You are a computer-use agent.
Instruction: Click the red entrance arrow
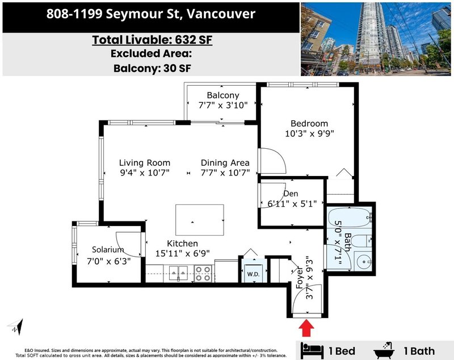click(306, 328)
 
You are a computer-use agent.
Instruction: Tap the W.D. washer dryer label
click(253, 274)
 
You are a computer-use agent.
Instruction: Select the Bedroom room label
click(309, 123)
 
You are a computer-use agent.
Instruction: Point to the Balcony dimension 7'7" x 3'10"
click(223, 105)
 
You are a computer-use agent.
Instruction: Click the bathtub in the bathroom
click(349, 217)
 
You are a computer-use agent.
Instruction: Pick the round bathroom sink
click(363, 262)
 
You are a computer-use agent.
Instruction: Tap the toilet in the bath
click(361, 240)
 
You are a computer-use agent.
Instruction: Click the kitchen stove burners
click(203, 273)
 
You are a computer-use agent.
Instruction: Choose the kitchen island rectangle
click(200, 220)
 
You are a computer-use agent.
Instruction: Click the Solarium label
click(108, 249)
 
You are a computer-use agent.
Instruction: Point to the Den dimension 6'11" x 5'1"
click(292, 204)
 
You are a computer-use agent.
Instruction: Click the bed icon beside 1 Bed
click(312, 350)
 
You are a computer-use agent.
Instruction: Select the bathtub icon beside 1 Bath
click(384, 350)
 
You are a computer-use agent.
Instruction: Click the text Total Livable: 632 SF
click(152, 40)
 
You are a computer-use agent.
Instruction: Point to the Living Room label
click(145, 162)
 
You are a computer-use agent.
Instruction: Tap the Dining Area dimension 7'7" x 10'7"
click(225, 173)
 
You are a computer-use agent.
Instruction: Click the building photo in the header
click(376, 39)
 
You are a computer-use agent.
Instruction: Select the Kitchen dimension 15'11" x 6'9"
click(182, 253)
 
